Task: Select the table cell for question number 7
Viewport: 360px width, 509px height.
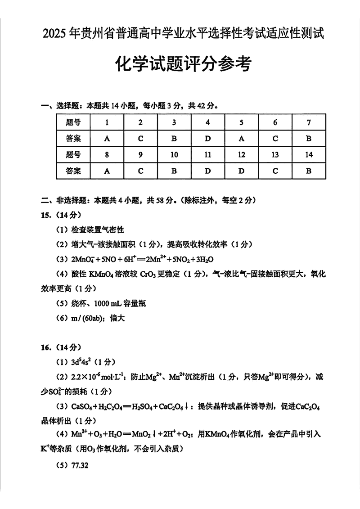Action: tap(308, 122)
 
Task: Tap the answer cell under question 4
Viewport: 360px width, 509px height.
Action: tap(207, 138)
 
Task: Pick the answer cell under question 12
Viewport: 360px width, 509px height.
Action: tap(241, 171)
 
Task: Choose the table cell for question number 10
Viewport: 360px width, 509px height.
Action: tap(174, 155)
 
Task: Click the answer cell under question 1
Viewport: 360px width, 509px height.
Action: tap(107, 138)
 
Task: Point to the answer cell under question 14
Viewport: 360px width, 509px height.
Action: tap(308, 171)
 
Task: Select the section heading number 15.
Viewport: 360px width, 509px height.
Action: tap(47, 215)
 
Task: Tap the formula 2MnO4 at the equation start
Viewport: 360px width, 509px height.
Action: tap(82, 259)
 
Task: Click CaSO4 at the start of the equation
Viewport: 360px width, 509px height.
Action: tap(81, 407)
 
